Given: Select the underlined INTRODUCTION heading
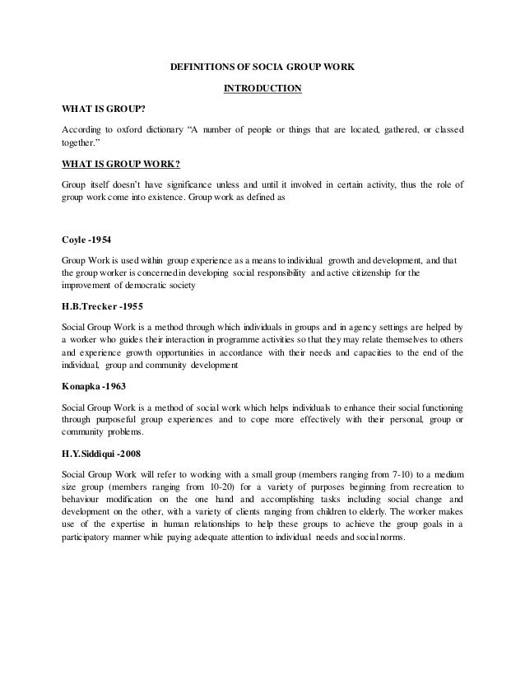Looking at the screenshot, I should pos(262,89).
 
